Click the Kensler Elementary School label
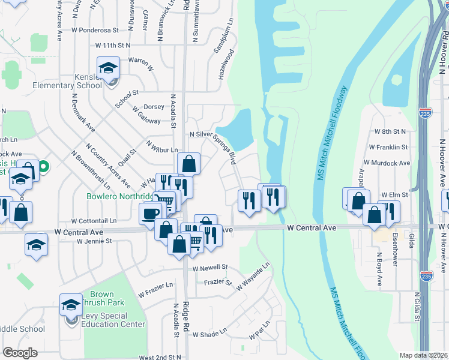point(72,82)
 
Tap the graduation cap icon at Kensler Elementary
point(108,68)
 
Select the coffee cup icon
point(150,212)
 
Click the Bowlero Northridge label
point(121,196)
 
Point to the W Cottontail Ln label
point(93,221)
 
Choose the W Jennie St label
point(94,241)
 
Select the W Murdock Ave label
point(386,163)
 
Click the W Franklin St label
point(388,147)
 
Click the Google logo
point(20,352)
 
